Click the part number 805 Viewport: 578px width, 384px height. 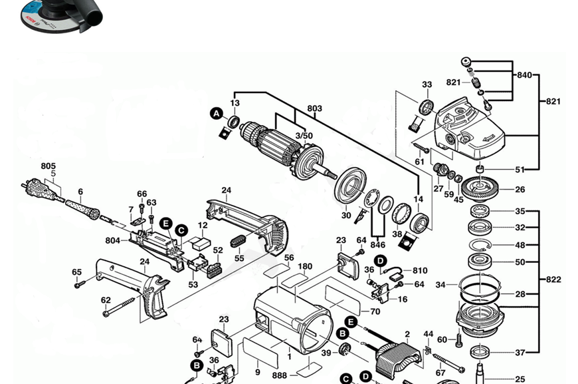48,166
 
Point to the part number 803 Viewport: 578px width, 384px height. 314,108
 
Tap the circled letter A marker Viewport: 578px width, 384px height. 216,114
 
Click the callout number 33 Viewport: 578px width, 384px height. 427,85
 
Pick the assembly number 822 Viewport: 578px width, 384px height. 553,280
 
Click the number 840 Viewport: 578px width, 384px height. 524,75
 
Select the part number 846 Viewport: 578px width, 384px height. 378,245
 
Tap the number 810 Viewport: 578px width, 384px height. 420,271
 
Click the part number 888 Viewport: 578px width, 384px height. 279,375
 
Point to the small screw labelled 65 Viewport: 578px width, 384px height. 80,284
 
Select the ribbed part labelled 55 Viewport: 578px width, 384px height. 239,241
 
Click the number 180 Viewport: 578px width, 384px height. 305,267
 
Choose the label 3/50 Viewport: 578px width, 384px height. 304,136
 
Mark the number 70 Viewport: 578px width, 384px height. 375,311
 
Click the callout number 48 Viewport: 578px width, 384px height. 520,246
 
